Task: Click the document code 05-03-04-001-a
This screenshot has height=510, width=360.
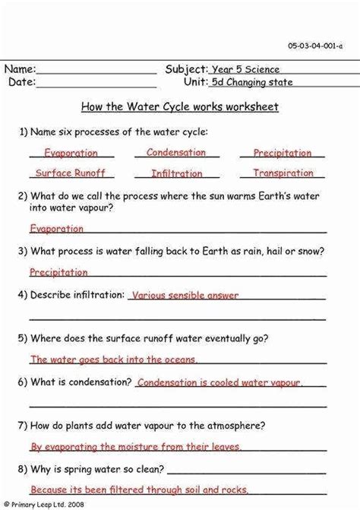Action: (x=315, y=46)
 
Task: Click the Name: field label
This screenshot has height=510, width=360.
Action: (x=21, y=69)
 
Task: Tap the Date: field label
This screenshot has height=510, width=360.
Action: (x=21, y=82)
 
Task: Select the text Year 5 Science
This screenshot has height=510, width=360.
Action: (x=246, y=70)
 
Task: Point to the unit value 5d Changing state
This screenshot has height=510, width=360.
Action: (x=252, y=83)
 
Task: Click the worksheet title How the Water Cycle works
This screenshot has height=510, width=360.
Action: (x=179, y=107)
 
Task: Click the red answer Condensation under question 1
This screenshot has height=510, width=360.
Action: (x=176, y=152)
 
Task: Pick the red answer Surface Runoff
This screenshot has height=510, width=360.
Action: (x=70, y=173)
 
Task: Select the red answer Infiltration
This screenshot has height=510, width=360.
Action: (x=176, y=173)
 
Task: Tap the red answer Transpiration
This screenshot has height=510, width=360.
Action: (x=283, y=173)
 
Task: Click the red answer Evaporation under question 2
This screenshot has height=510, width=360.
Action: (x=56, y=228)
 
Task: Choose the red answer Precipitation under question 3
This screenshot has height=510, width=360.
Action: (x=58, y=271)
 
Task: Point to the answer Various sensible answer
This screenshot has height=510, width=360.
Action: (x=185, y=295)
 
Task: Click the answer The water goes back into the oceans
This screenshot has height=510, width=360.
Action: (x=113, y=360)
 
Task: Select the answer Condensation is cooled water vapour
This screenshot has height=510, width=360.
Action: (x=219, y=382)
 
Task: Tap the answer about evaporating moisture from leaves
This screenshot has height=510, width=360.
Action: (x=135, y=447)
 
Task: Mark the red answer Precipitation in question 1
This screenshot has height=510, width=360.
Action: (x=283, y=153)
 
